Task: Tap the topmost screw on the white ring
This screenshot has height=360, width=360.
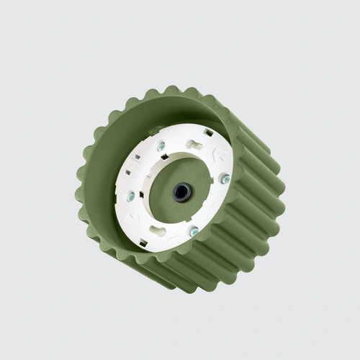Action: coord(161,147)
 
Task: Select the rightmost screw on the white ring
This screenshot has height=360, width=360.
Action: coord(225,179)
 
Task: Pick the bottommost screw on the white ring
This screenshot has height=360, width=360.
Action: coord(194,231)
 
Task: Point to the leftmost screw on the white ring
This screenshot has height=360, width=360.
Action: coord(131,196)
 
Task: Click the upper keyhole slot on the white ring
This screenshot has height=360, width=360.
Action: coord(194,144)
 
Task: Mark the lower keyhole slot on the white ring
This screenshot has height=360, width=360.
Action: coord(158,231)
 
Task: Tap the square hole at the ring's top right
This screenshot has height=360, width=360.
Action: coord(208,133)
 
